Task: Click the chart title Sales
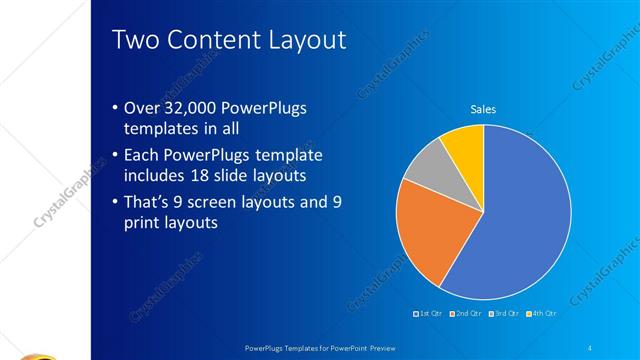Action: (x=483, y=110)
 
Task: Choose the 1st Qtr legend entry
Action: (x=430, y=314)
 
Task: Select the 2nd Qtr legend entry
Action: (x=467, y=314)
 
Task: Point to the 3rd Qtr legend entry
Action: (x=504, y=314)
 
